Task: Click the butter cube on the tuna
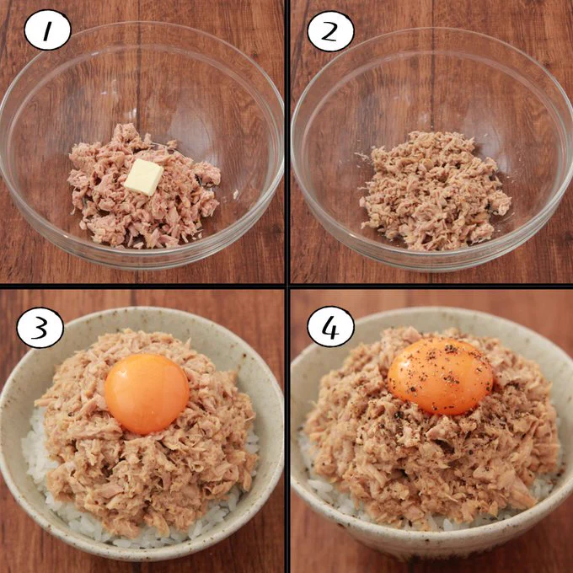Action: click(x=144, y=177)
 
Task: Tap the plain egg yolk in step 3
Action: click(x=147, y=394)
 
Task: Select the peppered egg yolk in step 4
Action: click(x=441, y=376)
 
